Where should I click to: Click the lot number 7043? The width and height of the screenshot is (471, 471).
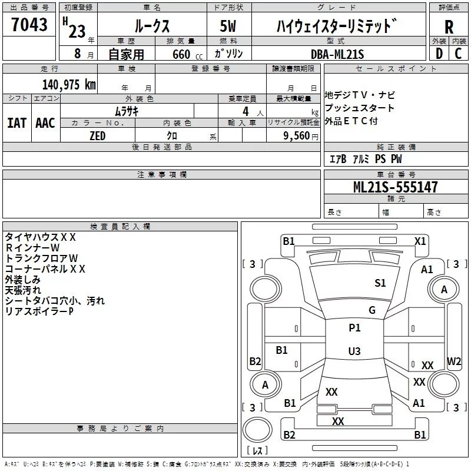click(x=29, y=24)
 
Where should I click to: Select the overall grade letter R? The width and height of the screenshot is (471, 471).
click(x=449, y=27)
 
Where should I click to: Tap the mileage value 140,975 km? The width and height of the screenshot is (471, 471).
click(x=69, y=85)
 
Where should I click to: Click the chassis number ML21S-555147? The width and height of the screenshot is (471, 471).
click(x=396, y=187)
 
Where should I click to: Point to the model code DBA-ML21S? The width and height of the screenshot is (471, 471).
click(x=337, y=54)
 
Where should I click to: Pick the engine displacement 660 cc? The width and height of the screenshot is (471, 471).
click(x=187, y=55)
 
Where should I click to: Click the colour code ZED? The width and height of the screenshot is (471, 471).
click(x=98, y=136)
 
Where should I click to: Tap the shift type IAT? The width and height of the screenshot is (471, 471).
click(x=17, y=123)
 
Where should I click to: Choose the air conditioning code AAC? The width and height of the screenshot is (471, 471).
click(x=45, y=123)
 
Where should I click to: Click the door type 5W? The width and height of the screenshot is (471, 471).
click(x=228, y=26)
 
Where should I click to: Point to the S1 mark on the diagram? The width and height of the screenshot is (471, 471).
click(x=380, y=283)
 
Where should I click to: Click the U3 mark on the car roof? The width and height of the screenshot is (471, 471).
click(x=354, y=351)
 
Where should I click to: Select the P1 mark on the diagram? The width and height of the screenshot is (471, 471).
click(x=354, y=327)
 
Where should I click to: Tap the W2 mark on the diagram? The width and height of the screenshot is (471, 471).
click(x=454, y=361)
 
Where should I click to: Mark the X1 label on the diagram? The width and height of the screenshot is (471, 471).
click(x=420, y=241)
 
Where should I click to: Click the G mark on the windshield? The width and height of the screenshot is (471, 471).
click(x=372, y=310)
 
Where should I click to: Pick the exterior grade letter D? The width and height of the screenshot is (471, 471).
click(x=439, y=54)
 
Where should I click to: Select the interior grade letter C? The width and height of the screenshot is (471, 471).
click(x=458, y=54)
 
